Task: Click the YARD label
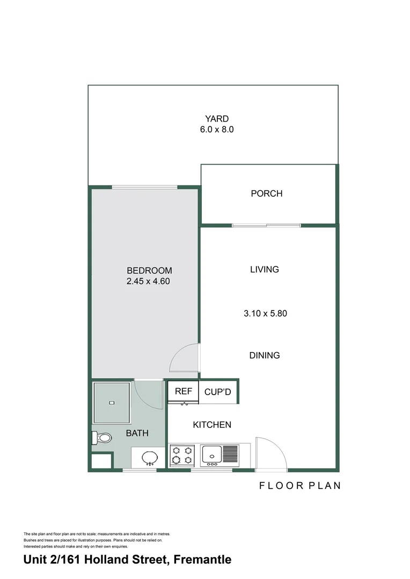click(216, 118)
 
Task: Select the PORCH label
click(266, 194)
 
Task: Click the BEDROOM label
click(149, 270)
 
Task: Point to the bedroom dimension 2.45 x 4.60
click(148, 281)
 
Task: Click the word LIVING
click(265, 269)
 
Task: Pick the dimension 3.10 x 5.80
click(265, 313)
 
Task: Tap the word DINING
click(265, 355)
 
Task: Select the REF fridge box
click(184, 391)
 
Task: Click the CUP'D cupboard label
click(217, 392)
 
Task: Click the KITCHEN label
click(212, 425)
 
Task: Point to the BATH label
click(137, 433)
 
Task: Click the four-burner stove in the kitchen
click(182, 455)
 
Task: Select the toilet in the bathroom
click(102, 439)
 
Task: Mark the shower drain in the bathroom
click(111, 403)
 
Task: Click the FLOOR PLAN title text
click(300, 486)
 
